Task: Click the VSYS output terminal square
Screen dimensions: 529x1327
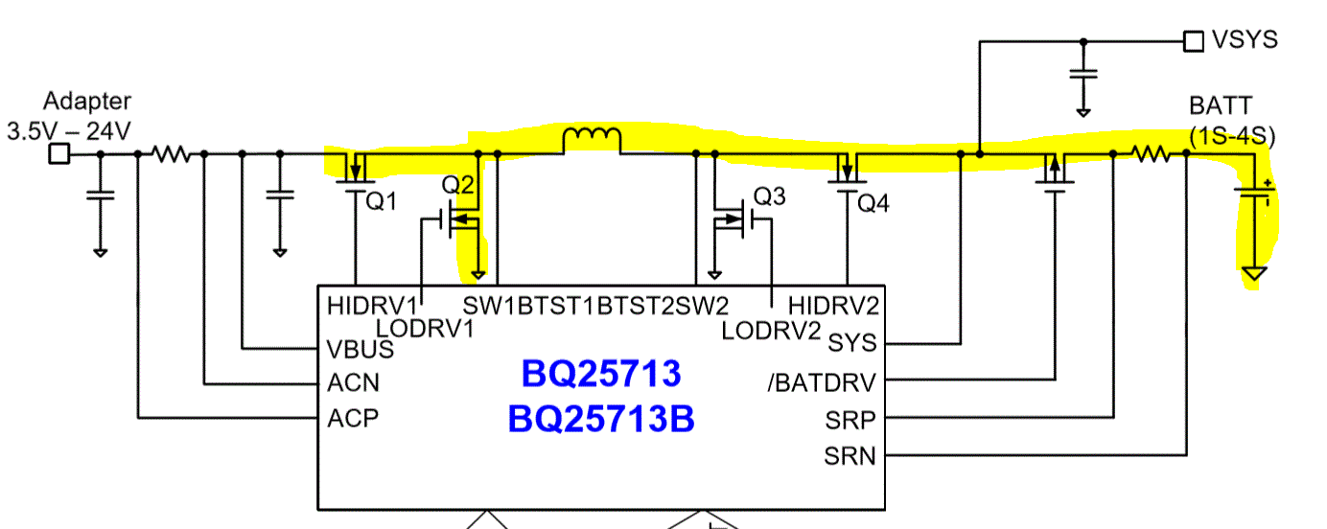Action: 1193,41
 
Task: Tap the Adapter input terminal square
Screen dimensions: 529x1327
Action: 59,153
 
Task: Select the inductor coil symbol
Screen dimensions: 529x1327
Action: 592,141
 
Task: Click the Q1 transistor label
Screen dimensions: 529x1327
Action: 382,201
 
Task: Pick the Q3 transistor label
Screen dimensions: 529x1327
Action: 769,196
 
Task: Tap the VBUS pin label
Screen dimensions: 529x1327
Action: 361,348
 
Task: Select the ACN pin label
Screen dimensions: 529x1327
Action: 353,383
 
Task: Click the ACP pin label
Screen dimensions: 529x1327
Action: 353,419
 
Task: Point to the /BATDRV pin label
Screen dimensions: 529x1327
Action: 822,383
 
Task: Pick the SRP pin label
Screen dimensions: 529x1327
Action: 850,420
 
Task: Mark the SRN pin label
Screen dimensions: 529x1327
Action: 850,456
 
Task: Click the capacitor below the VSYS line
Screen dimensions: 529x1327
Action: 1084,74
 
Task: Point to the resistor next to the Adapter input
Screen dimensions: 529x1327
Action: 172,153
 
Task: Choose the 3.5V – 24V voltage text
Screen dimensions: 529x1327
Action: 69,131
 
